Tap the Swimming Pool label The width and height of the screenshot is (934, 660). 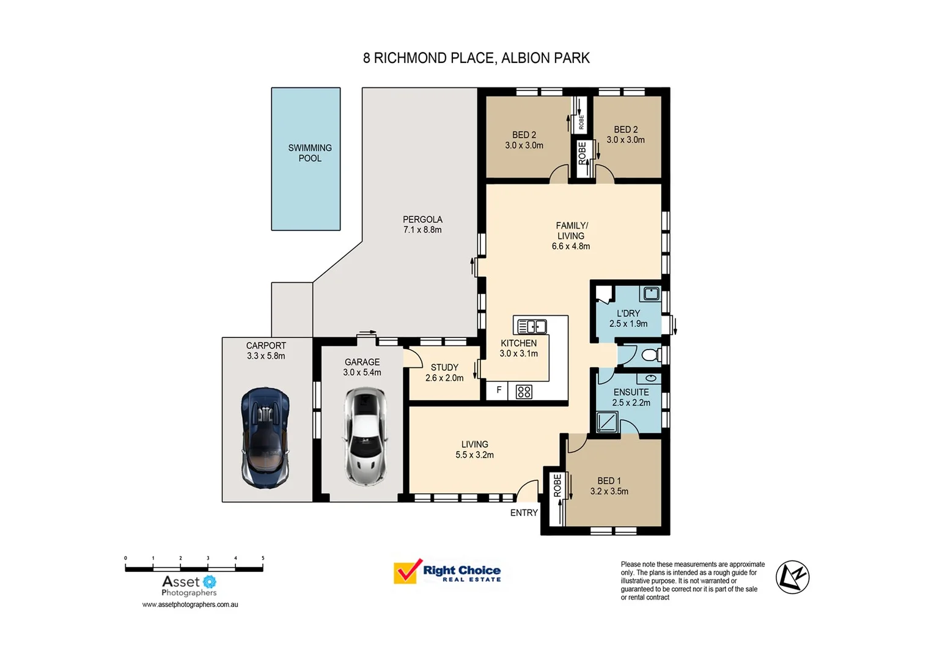click(x=310, y=153)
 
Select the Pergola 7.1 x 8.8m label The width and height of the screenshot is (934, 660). click(x=422, y=225)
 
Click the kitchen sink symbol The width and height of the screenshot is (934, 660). click(x=531, y=326)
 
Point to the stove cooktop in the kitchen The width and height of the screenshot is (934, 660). click(x=524, y=392)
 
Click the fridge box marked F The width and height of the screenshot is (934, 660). click(x=498, y=391)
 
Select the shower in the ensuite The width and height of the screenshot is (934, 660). click(x=607, y=422)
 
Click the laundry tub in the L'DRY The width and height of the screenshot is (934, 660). click(x=651, y=294)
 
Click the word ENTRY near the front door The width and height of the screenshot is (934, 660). click(x=524, y=513)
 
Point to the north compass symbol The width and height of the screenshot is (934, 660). click(x=792, y=577)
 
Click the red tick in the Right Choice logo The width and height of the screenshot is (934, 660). click(x=407, y=571)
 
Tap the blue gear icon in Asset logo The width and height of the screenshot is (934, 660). click(x=209, y=582)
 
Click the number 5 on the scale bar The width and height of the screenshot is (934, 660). click(x=263, y=558)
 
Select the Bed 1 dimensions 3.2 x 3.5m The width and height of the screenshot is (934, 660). click(x=609, y=491)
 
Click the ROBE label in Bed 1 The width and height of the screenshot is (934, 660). click(x=557, y=486)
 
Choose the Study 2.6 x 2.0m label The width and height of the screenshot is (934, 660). click(x=444, y=373)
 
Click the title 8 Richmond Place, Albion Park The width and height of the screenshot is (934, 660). click(x=476, y=58)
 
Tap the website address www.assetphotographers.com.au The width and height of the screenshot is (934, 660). click(x=190, y=604)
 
